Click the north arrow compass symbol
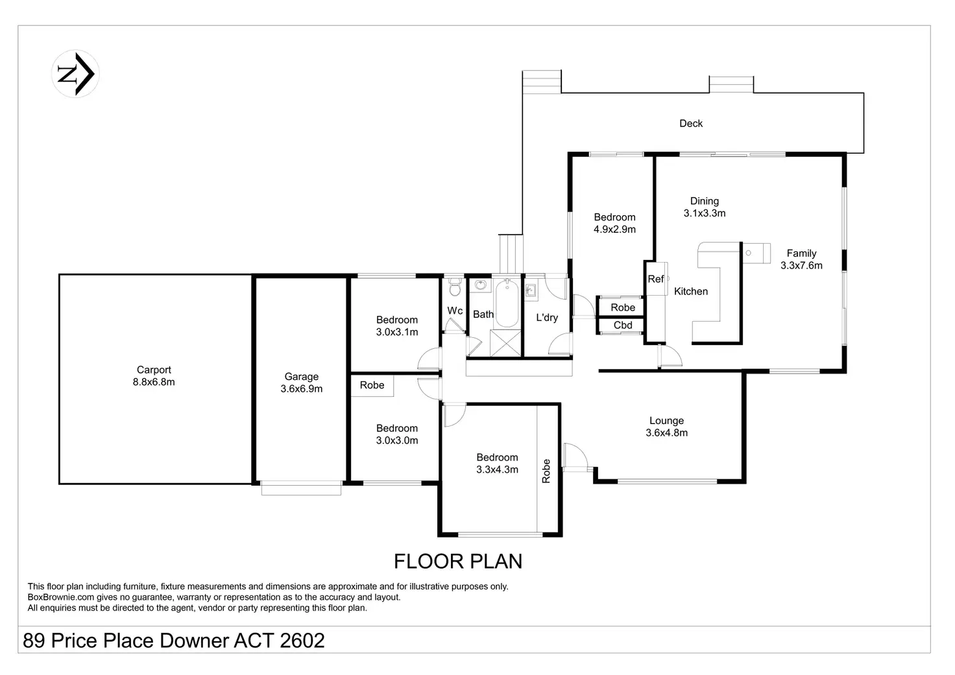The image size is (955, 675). point(75,74)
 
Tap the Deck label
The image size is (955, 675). point(691,124)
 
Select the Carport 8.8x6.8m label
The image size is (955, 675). point(154,376)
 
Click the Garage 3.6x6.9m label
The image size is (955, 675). point(302,383)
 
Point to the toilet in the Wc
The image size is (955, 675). point(455,287)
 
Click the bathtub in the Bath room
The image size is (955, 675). point(507,303)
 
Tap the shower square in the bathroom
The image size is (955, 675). point(505,342)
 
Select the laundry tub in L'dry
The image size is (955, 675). point(531,290)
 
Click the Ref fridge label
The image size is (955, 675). point(656,279)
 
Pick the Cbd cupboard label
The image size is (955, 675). point(622,326)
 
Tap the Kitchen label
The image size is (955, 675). point(691,292)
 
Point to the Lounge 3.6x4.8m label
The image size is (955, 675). point(666,427)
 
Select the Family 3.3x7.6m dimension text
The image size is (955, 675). point(801,265)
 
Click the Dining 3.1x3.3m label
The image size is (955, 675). point(705,207)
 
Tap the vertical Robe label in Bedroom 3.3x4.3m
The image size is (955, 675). point(546,471)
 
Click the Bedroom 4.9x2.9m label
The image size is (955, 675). point(614,223)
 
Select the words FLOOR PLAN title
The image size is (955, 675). point(458,562)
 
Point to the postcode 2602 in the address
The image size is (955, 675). point(302,641)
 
